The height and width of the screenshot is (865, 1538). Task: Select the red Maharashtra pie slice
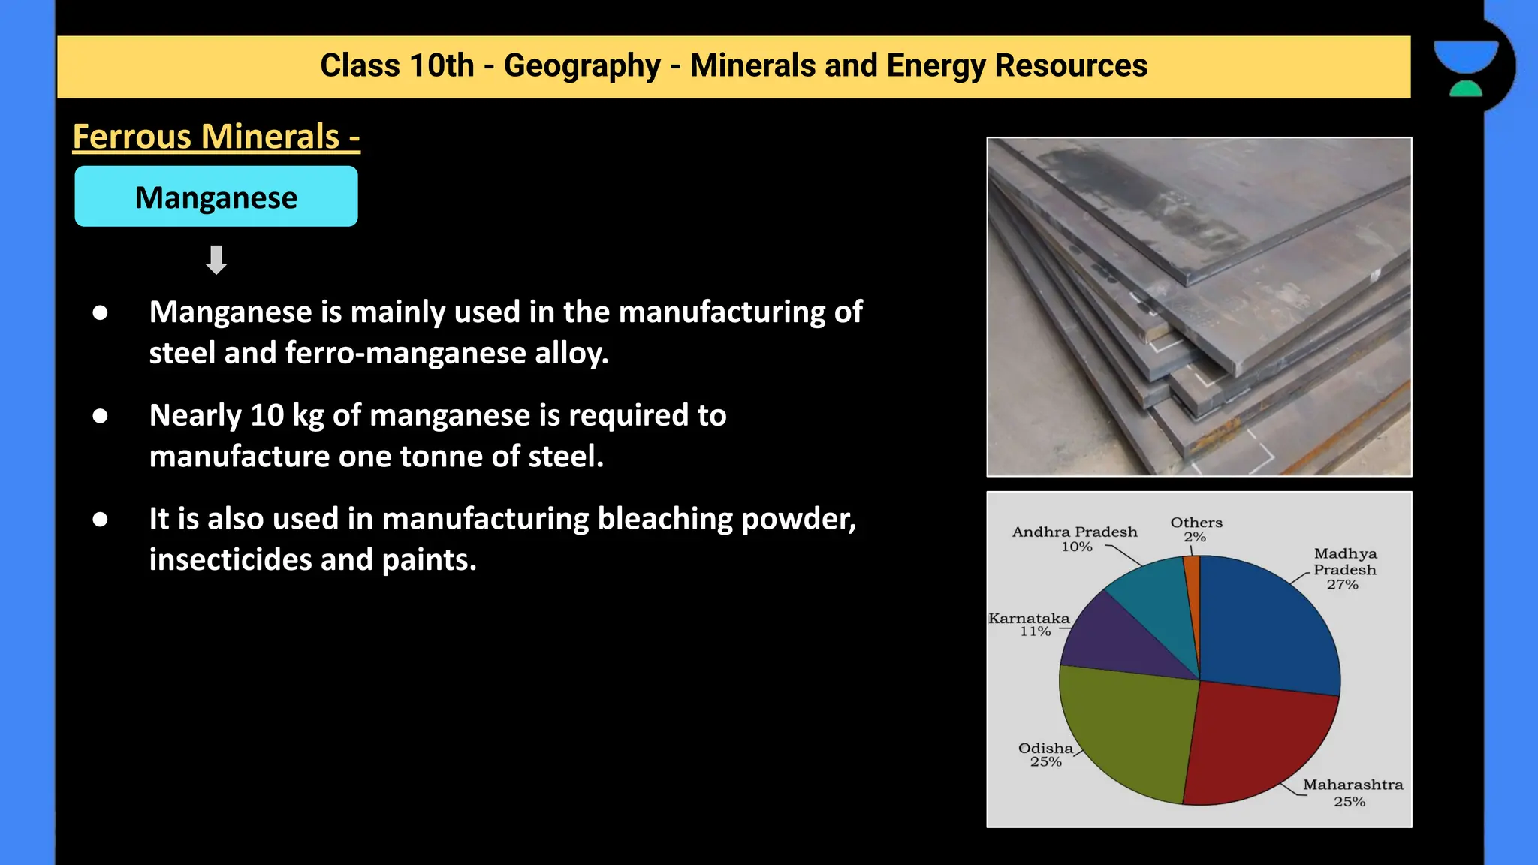[1254, 743]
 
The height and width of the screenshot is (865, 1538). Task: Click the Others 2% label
[1196, 529]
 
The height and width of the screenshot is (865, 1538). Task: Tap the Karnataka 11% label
[1029, 624]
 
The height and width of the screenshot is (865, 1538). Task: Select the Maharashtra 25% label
[1352, 792]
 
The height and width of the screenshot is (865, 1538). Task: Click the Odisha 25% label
[1045, 755]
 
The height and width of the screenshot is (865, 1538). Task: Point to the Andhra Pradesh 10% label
[1075, 538]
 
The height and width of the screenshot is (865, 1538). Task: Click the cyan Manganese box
[216, 197]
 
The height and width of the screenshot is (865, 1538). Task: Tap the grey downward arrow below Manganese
[216, 260]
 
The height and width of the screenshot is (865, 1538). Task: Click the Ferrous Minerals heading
[216, 137]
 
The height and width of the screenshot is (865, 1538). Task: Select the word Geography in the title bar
[582, 66]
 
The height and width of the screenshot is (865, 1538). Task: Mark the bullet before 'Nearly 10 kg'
[100, 416]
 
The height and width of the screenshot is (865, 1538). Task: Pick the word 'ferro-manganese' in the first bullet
[406, 353]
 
